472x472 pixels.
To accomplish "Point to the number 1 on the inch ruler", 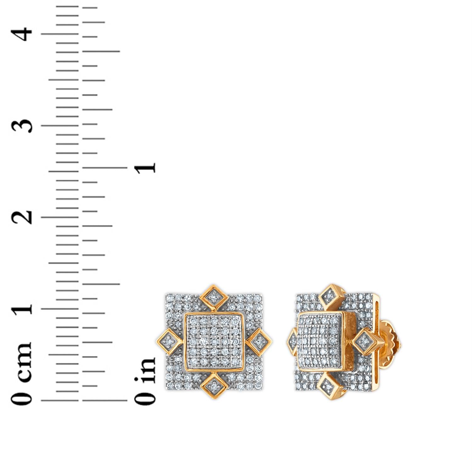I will (145, 167).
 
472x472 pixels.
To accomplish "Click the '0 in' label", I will (145, 381).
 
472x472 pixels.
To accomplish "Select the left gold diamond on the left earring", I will (169, 341).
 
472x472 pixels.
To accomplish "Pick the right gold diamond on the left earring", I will (259, 341).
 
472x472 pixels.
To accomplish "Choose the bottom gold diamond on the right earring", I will (330, 386).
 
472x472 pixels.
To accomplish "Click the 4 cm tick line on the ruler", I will (60, 34).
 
